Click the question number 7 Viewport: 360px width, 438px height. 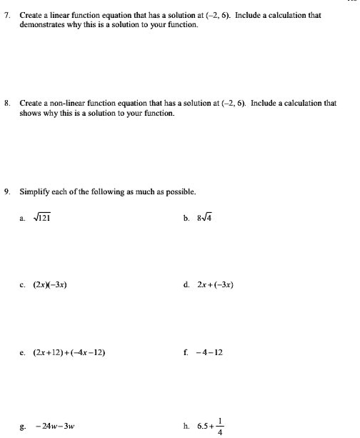click(x=6, y=14)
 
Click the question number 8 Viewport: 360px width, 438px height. click(x=6, y=103)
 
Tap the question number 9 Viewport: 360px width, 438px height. click(x=6, y=191)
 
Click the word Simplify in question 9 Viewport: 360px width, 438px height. click(x=35, y=191)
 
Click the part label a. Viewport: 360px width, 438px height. click(x=22, y=219)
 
